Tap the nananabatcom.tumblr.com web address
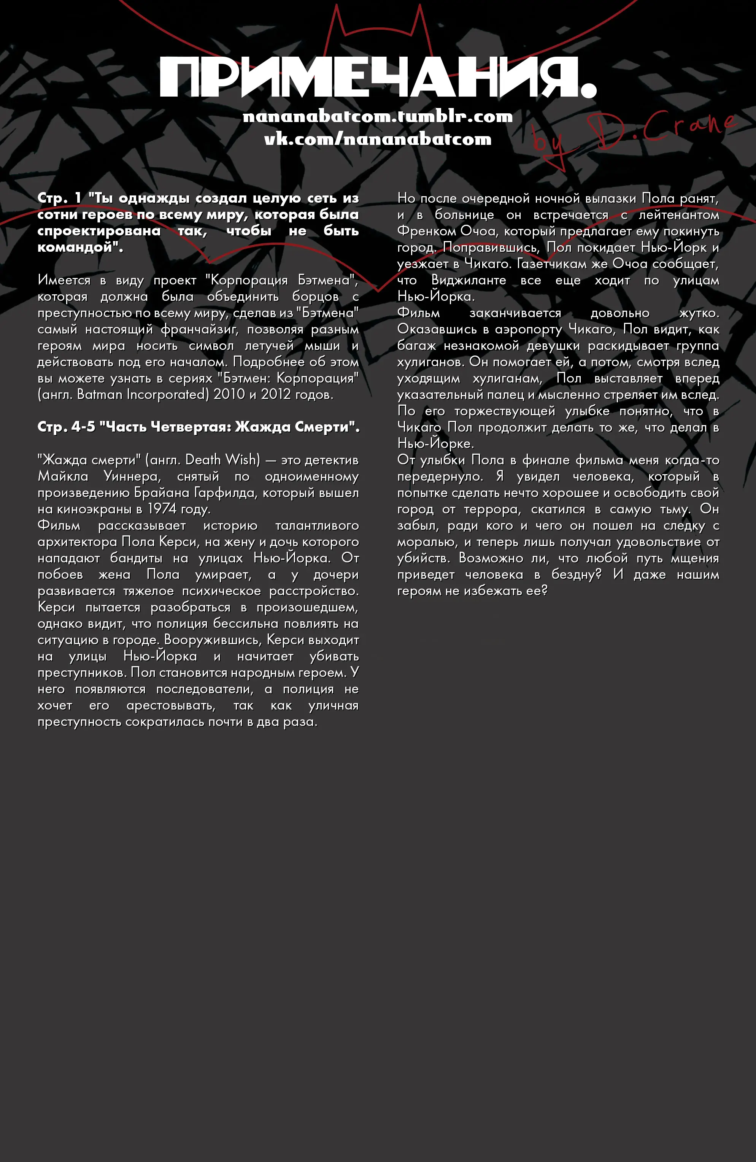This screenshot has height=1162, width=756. pyautogui.click(x=378, y=117)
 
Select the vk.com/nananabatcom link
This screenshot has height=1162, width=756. pyautogui.click(x=378, y=140)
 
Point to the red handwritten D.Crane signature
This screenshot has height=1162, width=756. pyautogui.click(x=635, y=134)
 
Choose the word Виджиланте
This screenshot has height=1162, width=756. pyautogui.click(x=469, y=280)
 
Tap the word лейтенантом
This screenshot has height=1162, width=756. pyautogui.click(x=679, y=215)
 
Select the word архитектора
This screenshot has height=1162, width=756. pyautogui.click(x=77, y=542)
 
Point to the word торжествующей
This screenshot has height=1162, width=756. pyautogui.click(x=505, y=411)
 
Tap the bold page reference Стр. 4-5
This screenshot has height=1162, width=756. pyautogui.click(x=66, y=427)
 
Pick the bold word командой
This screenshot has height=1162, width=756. pyautogui.click(x=78, y=248)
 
